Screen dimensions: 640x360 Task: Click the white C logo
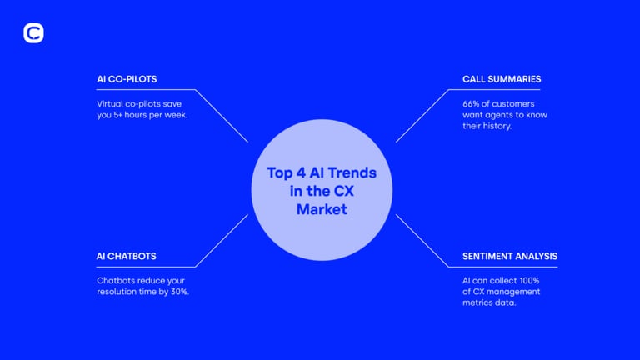click(33, 33)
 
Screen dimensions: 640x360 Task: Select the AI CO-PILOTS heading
click(127, 79)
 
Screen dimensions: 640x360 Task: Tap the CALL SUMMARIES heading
click(502, 79)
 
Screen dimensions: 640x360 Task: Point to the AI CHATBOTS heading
click(126, 257)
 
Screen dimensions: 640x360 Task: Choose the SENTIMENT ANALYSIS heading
click(510, 257)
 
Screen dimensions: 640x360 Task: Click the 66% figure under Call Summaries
click(471, 104)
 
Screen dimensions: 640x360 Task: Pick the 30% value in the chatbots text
click(179, 292)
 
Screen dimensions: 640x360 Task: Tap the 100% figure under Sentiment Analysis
click(529, 281)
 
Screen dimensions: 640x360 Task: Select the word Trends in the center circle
click(352, 172)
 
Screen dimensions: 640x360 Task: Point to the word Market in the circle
click(322, 209)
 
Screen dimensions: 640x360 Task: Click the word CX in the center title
click(343, 191)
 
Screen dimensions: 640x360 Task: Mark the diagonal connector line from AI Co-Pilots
click(222, 116)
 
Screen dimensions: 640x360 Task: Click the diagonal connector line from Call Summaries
click(422, 116)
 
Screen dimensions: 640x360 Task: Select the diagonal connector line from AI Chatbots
click(222, 241)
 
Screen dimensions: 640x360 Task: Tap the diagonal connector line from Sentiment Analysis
click(422, 241)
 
